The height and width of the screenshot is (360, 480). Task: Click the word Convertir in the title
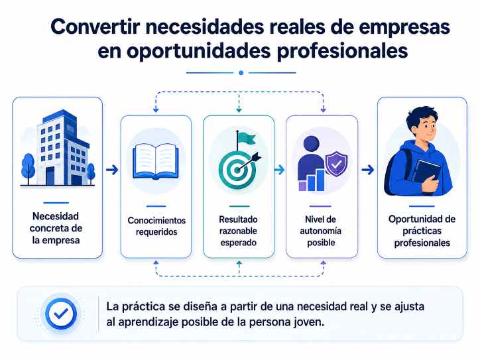coord(95,27)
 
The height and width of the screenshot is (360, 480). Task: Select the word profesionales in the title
coord(342,51)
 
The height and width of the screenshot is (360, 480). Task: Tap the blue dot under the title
coord(241,73)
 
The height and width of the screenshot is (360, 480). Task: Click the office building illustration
coord(58,148)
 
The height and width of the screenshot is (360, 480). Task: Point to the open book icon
coord(156,162)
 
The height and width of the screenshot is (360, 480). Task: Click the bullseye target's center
coord(237,170)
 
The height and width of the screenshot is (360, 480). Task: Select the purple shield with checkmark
coord(336,163)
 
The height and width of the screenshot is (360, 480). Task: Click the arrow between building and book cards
coord(112,170)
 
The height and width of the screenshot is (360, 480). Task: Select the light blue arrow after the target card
coord(279,170)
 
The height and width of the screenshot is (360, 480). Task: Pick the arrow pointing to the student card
coord(368,170)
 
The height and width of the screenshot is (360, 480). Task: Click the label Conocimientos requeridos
coord(156,226)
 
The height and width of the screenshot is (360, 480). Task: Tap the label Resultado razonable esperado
coord(238,231)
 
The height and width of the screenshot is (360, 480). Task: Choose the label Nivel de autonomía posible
coord(320,231)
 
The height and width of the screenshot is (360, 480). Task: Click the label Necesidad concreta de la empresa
coord(56,228)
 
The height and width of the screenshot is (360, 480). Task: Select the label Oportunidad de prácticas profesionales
coord(422,231)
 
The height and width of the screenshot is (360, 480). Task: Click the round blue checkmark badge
coord(61,314)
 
